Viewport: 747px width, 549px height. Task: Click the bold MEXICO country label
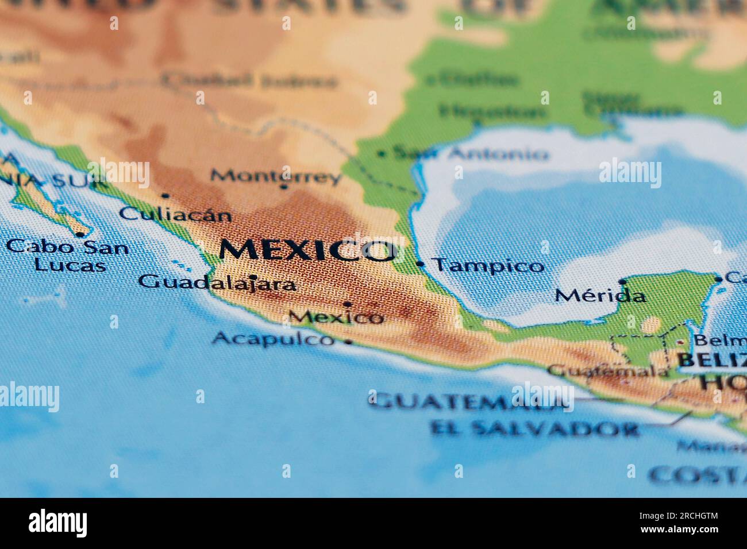coord(308,250)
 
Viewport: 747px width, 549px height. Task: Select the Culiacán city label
coord(176,215)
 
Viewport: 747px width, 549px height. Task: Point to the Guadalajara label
coord(218,283)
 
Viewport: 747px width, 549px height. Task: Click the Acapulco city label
coord(273,339)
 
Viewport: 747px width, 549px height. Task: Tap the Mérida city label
coord(600,296)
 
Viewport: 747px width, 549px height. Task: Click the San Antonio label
coord(471,153)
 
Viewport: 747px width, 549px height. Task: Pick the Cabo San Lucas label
coord(68,256)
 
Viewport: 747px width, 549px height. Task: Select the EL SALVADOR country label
coord(534,429)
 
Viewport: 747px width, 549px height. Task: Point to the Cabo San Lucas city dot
coord(80,234)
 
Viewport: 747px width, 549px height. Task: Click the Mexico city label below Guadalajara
coord(336,316)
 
